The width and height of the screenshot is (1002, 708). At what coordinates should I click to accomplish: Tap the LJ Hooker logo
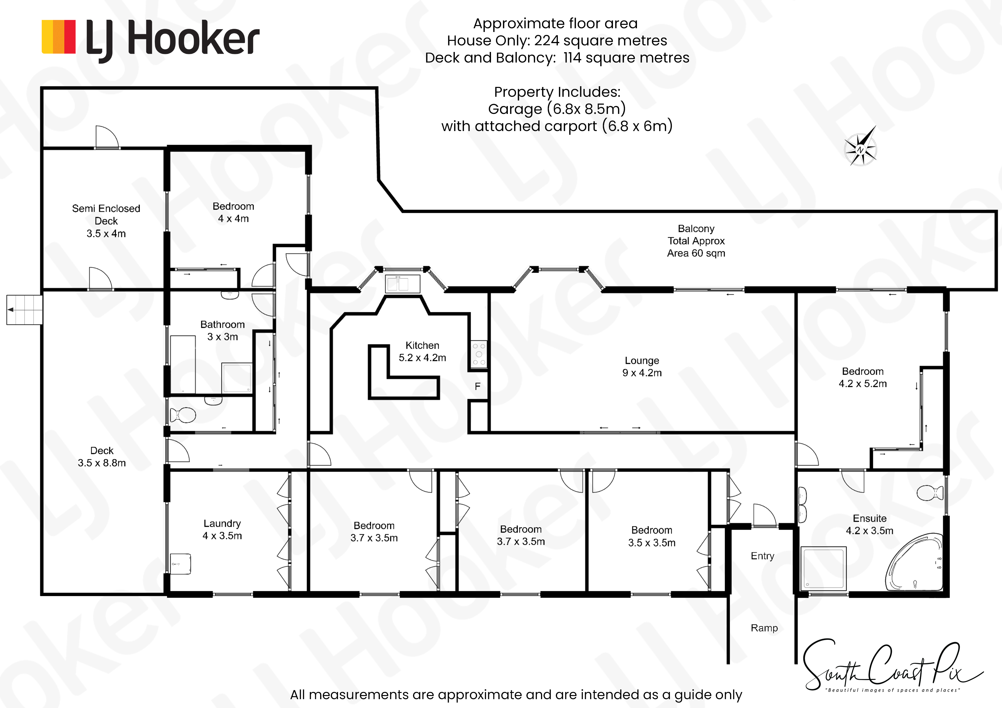point(151,40)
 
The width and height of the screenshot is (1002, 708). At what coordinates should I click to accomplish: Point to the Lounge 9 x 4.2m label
point(642,367)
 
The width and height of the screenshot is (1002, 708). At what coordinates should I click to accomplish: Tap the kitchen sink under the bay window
point(402,283)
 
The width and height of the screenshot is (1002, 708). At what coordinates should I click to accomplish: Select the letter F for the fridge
point(477,387)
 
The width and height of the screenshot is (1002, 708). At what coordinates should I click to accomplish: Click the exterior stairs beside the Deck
point(25,310)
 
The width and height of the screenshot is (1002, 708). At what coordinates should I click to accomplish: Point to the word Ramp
point(764,628)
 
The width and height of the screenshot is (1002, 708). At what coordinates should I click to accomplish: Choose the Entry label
point(762,556)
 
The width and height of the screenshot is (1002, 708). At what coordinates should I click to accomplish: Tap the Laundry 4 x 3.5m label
point(222,530)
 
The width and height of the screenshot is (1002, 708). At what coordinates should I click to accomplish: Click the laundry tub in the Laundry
point(180,564)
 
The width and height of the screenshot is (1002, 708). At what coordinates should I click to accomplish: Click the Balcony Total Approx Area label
point(696,241)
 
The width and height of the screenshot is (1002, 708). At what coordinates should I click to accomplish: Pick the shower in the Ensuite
point(823,568)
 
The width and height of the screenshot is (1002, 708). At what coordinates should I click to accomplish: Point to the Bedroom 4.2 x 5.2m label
point(863,378)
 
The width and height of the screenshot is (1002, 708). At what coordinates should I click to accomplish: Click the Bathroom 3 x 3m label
point(223,331)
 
